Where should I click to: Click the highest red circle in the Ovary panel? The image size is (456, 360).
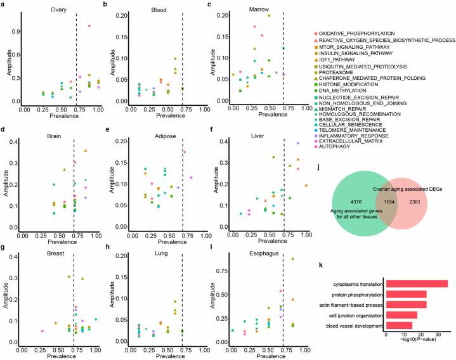(x=89, y=25)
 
